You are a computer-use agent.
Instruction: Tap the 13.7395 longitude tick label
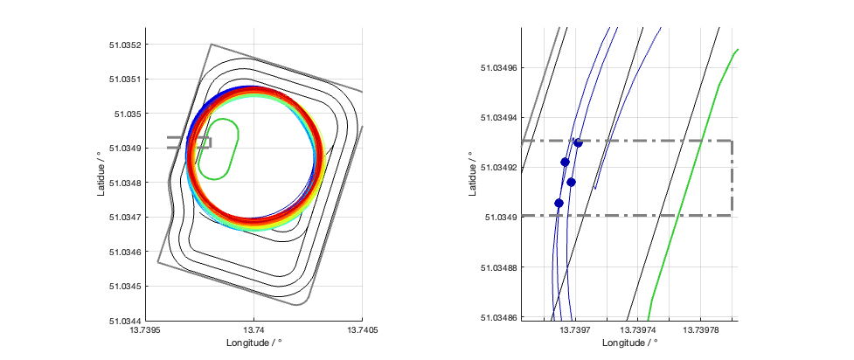tap(146, 331)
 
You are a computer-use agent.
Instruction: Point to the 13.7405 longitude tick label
tap(363, 331)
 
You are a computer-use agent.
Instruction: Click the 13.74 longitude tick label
tap(254, 331)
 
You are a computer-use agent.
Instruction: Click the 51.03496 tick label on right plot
tap(498, 67)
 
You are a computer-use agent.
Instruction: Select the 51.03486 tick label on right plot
tap(498, 317)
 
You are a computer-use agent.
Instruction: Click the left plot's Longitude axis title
tap(254, 343)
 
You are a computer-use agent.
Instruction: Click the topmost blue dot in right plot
tap(578, 142)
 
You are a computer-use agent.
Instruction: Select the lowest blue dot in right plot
tap(559, 204)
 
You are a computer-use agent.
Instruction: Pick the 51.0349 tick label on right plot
tap(501, 217)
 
